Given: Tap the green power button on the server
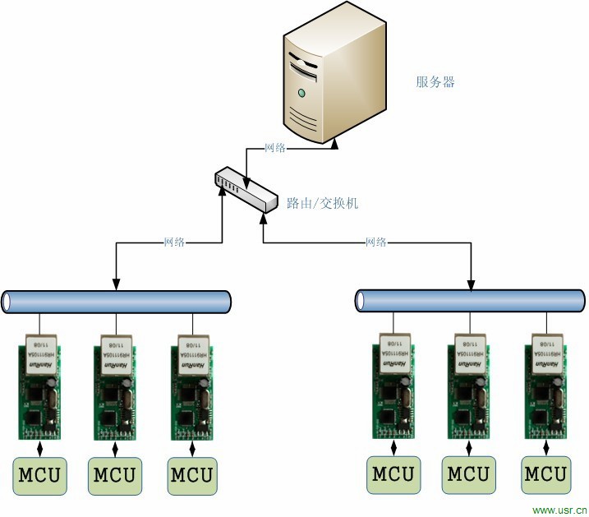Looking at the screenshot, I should pos(302,90).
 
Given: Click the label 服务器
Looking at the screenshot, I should pos(435,82).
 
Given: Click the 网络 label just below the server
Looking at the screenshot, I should pos(275,148).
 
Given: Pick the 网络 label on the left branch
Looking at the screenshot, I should pos(174,242).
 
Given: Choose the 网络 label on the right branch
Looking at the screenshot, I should pos(376,242).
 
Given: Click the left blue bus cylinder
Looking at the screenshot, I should pos(116,302).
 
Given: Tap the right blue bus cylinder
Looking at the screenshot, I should pos(471,301).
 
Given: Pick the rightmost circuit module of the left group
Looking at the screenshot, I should pos(192,386).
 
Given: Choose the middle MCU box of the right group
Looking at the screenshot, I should pos(468,474).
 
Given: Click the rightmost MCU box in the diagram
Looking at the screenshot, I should pos(545,474).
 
